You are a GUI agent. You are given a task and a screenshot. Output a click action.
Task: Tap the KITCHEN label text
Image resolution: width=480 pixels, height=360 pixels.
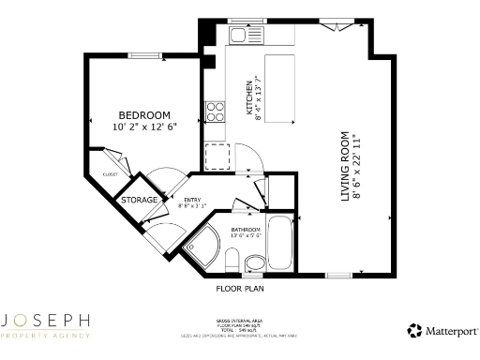(248, 97)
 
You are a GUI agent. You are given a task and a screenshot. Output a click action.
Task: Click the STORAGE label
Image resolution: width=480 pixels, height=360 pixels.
(138, 201)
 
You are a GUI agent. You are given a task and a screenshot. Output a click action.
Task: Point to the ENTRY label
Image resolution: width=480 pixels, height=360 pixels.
(191, 199)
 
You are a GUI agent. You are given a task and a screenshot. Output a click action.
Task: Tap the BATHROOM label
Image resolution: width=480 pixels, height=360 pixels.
(246, 230)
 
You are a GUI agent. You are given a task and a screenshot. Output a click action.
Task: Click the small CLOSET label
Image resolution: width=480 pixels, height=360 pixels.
(111, 175)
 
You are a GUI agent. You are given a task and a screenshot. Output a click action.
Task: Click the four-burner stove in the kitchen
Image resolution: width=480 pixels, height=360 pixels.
(216, 112)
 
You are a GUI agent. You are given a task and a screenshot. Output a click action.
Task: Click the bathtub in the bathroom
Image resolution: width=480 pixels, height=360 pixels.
(279, 241)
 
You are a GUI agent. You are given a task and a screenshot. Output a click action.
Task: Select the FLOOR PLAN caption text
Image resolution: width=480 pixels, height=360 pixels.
(240, 289)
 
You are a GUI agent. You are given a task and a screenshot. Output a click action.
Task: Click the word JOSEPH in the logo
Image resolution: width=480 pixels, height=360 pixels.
(46, 322)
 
